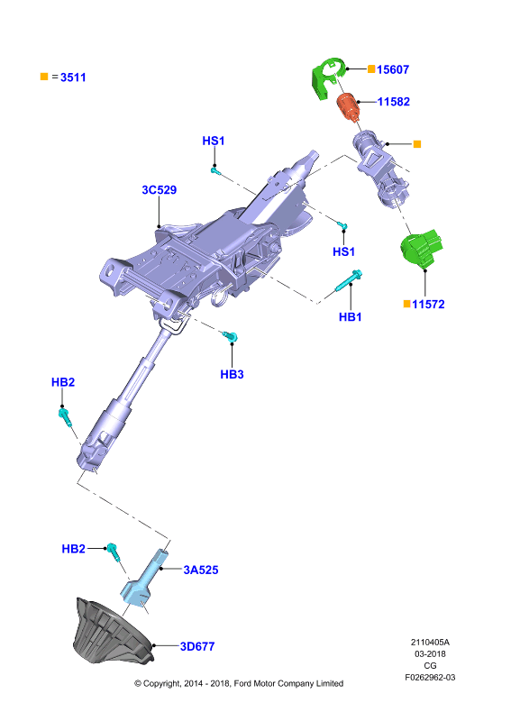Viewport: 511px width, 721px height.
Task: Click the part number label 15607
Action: [x=393, y=69]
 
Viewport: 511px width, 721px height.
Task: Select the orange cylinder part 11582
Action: [x=348, y=105]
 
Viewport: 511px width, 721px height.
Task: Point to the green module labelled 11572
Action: [x=421, y=248]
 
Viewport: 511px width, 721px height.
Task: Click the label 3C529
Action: [x=160, y=190]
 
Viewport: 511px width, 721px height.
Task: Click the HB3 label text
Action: [x=232, y=374]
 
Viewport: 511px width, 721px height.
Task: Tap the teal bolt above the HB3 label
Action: [x=231, y=336]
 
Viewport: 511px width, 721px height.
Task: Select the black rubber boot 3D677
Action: [x=113, y=631]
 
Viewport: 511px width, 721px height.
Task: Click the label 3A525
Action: [x=201, y=570]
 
